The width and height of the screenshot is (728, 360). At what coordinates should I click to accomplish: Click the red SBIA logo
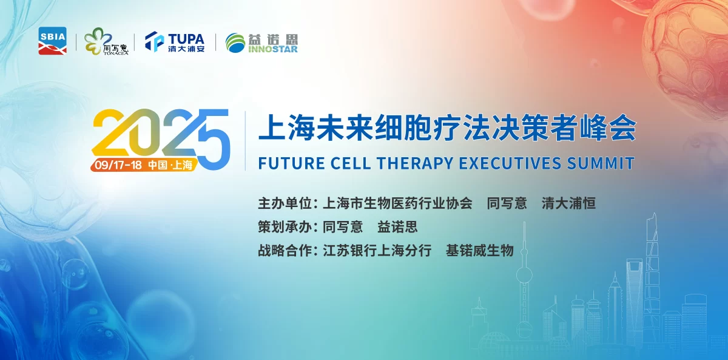[x=52, y=41]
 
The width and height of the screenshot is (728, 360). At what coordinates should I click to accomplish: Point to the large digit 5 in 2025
[x=211, y=138]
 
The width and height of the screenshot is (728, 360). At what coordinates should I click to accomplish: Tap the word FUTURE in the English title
[x=286, y=163]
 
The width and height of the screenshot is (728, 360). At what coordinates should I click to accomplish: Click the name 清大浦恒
[x=568, y=203]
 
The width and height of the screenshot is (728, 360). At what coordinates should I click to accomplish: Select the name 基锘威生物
[x=479, y=251]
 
